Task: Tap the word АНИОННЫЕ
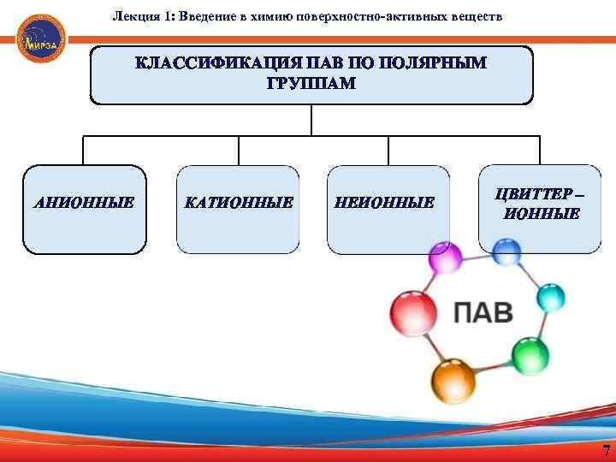click(x=84, y=204)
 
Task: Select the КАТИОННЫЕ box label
click(x=239, y=204)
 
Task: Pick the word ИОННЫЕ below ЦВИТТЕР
click(x=542, y=214)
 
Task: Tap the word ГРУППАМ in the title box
click(x=311, y=85)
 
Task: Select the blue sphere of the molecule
click(x=507, y=252)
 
